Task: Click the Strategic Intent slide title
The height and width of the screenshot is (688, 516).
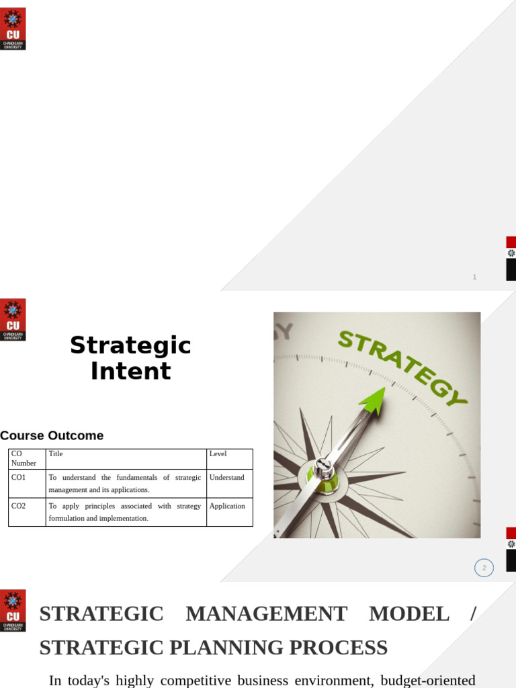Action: (x=130, y=358)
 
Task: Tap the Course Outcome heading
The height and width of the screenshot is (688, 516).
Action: (x=52, y=435)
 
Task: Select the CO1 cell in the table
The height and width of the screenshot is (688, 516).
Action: (x=19, y=478)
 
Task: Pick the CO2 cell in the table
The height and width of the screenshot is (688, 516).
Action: (x=19, y=506)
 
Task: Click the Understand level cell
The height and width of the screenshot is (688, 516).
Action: (x=226, y=478)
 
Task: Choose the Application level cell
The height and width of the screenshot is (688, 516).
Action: (x=227, y=506)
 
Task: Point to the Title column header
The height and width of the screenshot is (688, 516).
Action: (x=56, y=454)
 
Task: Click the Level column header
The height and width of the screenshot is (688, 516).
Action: (x=218, y=454)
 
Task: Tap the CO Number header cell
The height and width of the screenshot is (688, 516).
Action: (x=24, y=458)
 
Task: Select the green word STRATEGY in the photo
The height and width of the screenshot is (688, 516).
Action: (x=402, y=367)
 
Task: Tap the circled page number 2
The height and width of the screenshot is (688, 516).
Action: (x=484, y=568)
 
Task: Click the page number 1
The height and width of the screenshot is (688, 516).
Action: (x=474, y=277)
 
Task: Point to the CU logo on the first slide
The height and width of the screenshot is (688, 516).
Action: (x=13, y=29)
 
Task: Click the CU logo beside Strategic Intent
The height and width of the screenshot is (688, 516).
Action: (x=13, y=320)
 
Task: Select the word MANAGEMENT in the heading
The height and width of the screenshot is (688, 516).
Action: (x=266, y=613)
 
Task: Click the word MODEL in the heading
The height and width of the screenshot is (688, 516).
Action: (x=408, y=613)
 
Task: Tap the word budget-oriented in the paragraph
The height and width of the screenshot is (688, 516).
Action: (x=428, y=680)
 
